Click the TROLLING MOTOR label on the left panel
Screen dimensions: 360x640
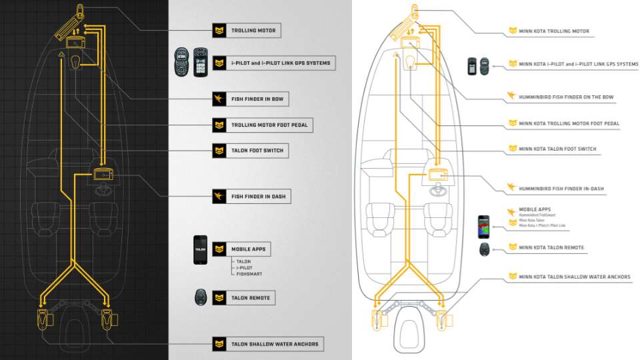click(253, 31)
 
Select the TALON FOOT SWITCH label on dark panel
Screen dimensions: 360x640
click(257, 151)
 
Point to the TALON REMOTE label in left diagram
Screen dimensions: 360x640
click(250, 298)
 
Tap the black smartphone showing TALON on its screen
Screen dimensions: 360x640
click(201, 249)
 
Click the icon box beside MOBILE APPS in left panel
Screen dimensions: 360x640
click(219, 249)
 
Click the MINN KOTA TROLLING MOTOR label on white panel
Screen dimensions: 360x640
click(554, 31)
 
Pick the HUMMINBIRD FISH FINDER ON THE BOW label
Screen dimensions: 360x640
click(566, 97)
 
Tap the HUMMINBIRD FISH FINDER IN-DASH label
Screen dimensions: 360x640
click(561, 189)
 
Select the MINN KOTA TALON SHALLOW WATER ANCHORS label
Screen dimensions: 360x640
click(574, 277)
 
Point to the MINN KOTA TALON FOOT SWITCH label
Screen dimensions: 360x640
click(557, 149)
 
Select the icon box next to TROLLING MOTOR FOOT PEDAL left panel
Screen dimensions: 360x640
click(219, 125)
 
